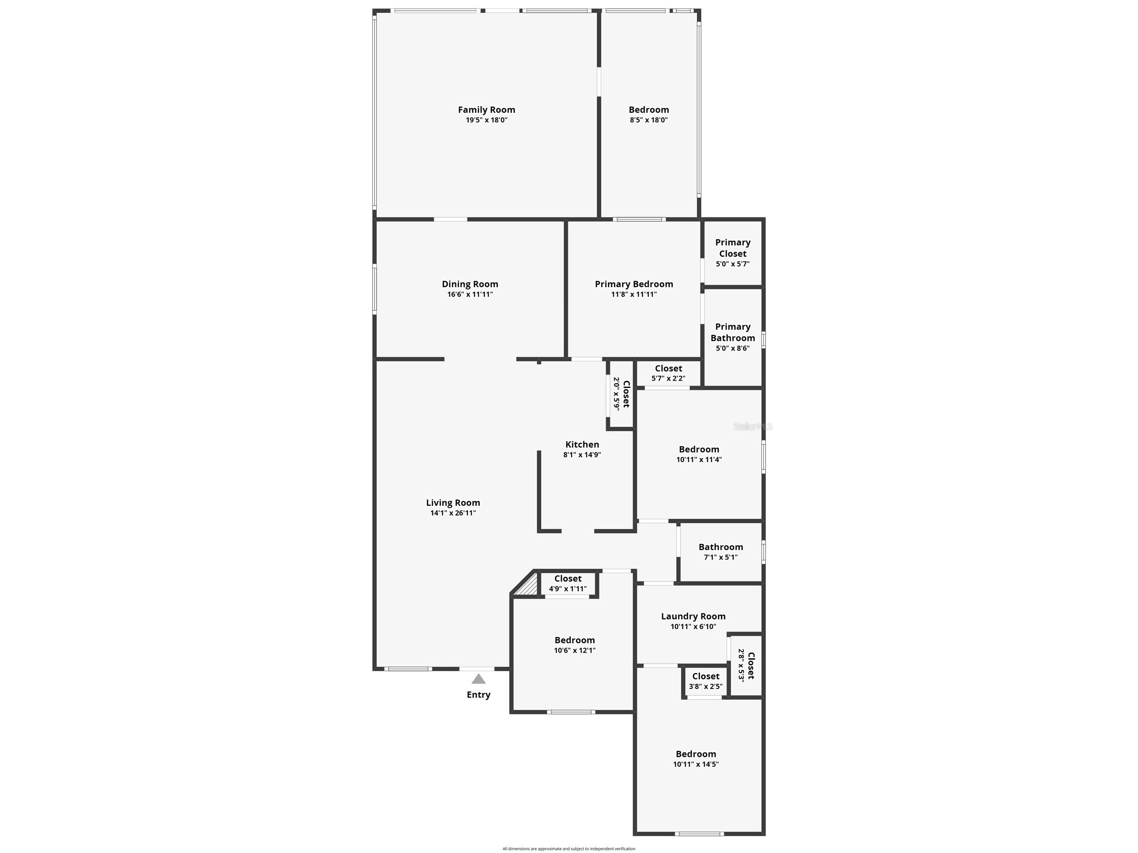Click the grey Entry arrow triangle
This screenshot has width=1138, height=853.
(x=478, y=679)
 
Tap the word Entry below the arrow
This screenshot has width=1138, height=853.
(x=478, y=695)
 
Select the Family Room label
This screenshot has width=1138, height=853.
(x=486, y=109)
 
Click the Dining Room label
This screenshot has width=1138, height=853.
(x=470, y=284)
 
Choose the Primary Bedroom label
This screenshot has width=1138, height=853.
(x=634, y=284)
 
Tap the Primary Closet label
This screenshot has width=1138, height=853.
(x=733, y=248)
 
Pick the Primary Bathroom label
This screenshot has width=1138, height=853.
(x=733, y=332)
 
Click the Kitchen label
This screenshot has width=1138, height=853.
(x=582, y=444)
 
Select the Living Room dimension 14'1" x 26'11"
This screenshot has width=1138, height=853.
(x=453, y=513)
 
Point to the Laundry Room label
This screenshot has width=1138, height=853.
(x=693, y=616)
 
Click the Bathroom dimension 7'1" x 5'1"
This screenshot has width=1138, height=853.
(x=720, y=557)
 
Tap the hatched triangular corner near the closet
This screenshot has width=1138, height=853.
(x=528, y=586)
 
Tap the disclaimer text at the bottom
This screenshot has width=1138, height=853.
(x=569, y=848)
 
